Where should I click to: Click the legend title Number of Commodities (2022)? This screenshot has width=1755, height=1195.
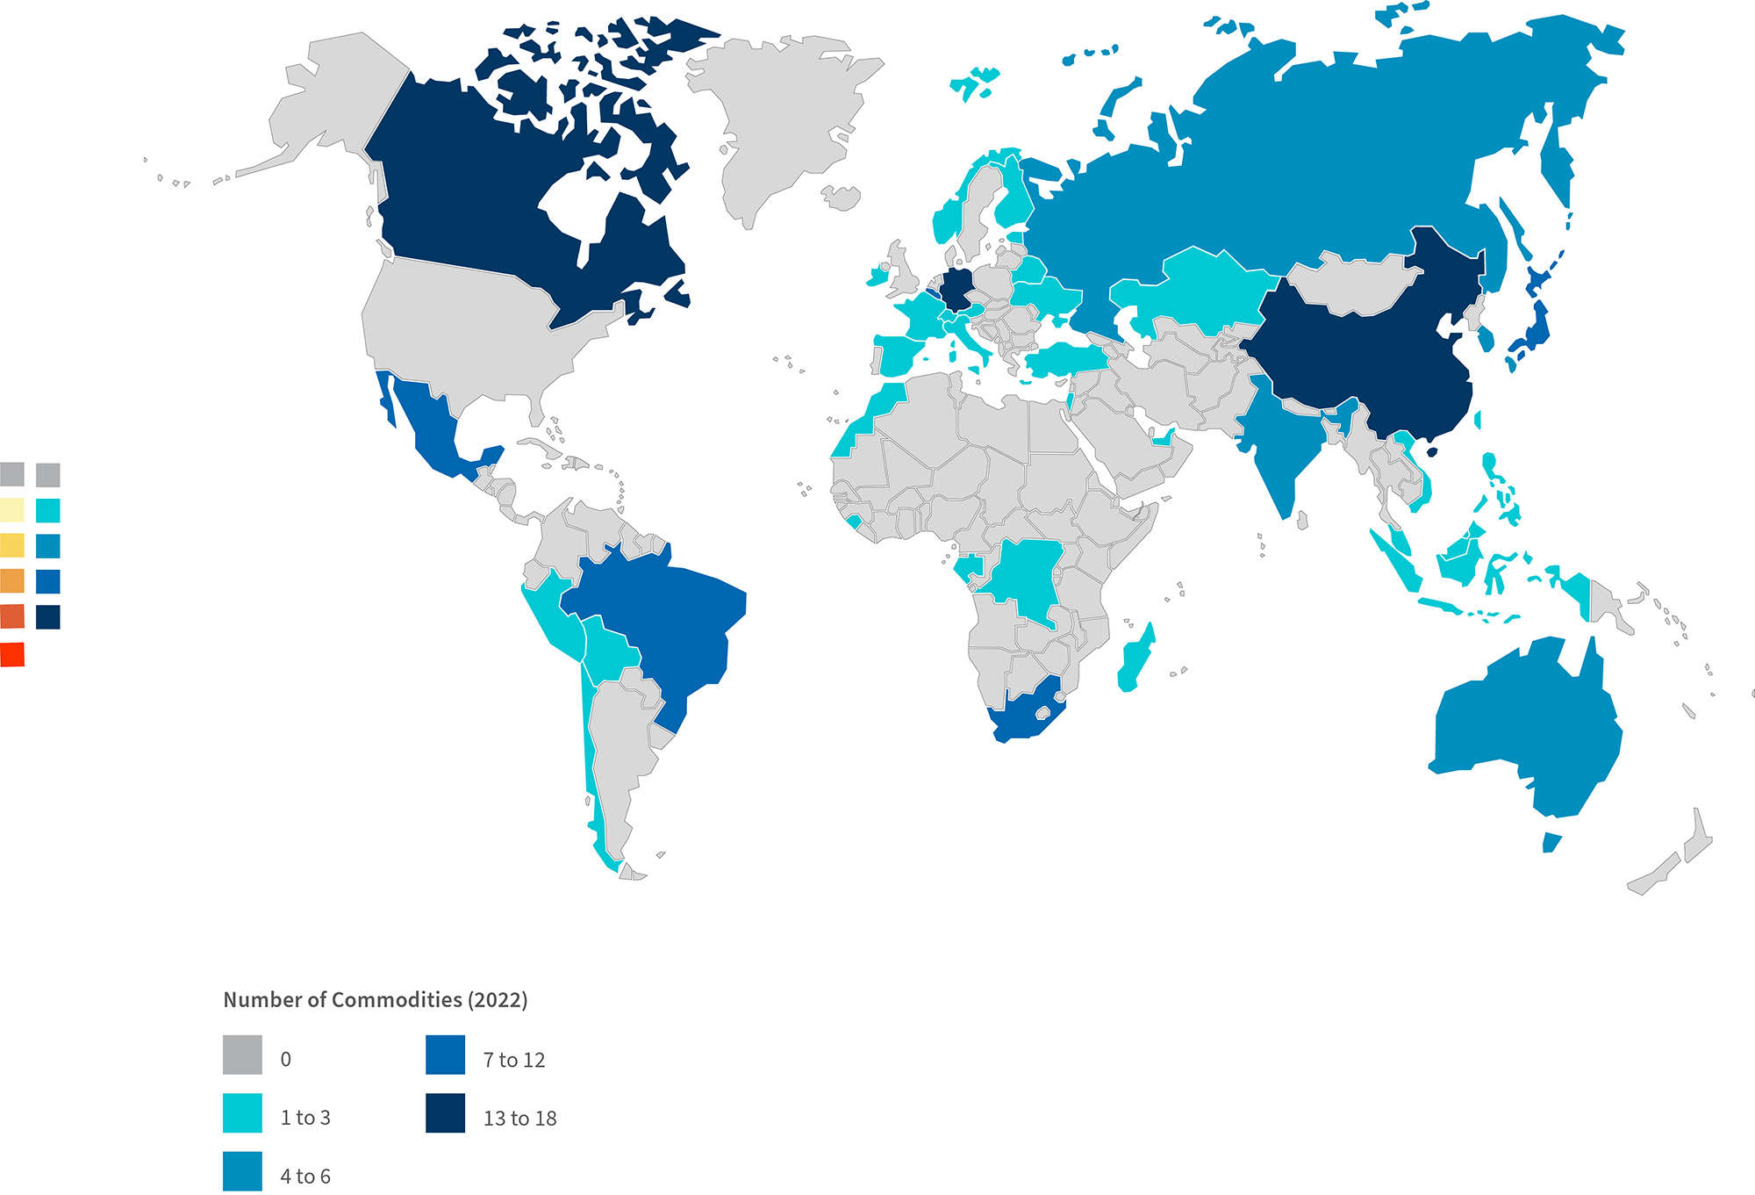pos(376,1000)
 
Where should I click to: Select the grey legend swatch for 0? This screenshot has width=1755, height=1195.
pos(242,1055)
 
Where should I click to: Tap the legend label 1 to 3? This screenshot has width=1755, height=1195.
pos(305,1118)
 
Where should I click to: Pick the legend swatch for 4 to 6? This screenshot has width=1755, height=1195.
pos(242,1171)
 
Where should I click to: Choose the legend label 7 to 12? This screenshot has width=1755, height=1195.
pos(514,1060)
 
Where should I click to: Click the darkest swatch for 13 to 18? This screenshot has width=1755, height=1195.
pos(446,1112)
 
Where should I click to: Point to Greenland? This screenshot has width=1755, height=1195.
pos(781,114)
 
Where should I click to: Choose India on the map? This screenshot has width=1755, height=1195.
pos(1281,448)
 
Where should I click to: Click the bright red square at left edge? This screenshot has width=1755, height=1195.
pos(12,654)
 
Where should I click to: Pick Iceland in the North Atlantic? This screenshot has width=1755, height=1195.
pos(843,198)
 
